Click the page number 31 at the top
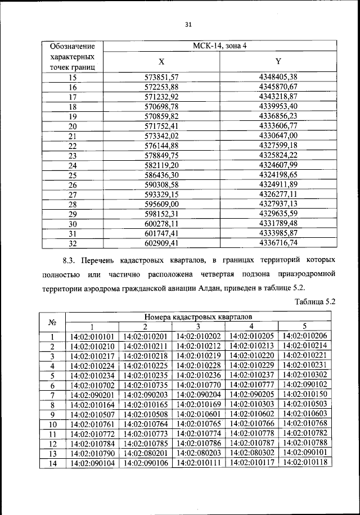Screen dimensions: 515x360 tap(188, 24)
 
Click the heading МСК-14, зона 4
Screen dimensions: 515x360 tap(220, 46)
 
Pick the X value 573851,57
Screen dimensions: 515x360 tap(161, 77)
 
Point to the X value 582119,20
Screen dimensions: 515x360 tap(161, 165)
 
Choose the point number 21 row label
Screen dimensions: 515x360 tap(72, 135)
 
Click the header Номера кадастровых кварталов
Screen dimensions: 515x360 tap(198, 317)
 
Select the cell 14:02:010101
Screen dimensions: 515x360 tap(92, 336)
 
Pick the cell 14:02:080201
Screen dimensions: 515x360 tap(145, 453)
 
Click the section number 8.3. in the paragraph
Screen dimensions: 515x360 tap(68, 261)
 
